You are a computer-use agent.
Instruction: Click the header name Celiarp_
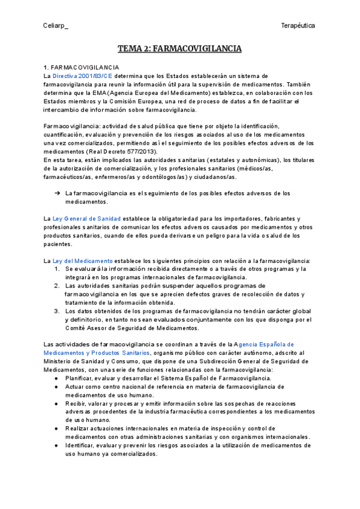pos(56,25)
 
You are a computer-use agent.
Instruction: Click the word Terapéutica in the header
pos(298,25)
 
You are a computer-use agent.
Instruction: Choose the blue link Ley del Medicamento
pos(83,261)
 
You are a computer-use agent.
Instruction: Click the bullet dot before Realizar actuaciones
pos(56,429)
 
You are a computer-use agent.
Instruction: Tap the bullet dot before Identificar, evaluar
pos(56,445)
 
